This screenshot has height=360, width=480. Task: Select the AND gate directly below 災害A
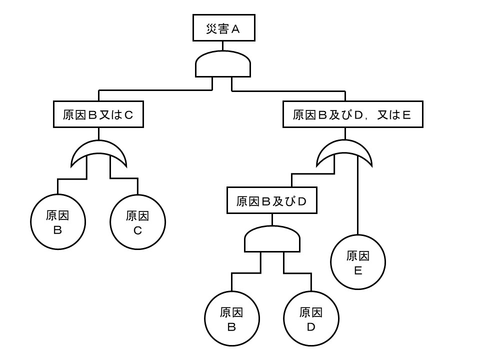click(x=222, y=64)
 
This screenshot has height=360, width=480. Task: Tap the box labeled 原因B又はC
click(x=98, y=115)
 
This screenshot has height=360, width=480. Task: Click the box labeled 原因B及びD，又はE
click(x=352, y=115)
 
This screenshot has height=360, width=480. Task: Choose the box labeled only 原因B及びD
click(x=271, y=201)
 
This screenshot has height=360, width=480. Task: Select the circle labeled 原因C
click(x=137, y=222)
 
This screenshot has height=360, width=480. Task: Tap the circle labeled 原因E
click(x=358, y=262)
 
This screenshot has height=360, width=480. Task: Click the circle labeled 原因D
click(x=311, y=318)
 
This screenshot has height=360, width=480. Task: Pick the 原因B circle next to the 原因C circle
click(x=57, y=222)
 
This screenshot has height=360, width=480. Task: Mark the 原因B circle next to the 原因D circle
click(x=231, y=318)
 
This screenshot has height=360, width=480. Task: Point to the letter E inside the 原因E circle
click(x=358, y=270)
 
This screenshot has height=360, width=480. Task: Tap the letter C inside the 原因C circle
click(x=137, y=230)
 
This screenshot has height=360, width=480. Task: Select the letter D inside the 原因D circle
click(x=311, y=327)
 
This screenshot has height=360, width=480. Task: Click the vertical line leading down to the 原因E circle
click(x=358, y=200)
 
